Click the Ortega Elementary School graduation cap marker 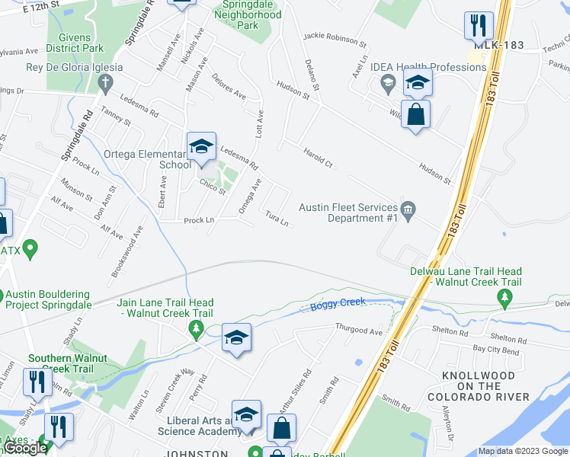pyautogui.click(x=200, y=147)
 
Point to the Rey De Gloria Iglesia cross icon pyautogui.click(x=107, y=81)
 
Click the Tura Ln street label pyautogui.click(x=277, y=219)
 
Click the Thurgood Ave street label pyautogui.click(x=359, y=330)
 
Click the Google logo pyautogui.click(x=25, y=449)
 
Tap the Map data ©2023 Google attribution pyautogui.click(x=522, y=451)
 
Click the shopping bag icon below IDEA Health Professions pyautogui.click(x=416, y=116)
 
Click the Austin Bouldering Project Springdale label pyautogui.click(x=47, y=299)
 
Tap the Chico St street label pyautogui.click(x=213, y=187)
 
